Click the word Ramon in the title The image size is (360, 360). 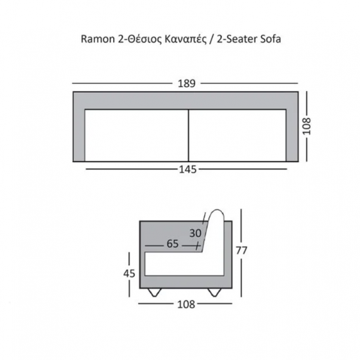click(x=98, y=39)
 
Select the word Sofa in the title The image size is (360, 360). click(x=270, y=39)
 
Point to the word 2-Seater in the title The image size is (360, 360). click(x=237, y=39)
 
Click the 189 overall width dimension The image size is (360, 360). click(x=187, y=84)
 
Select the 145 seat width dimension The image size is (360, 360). click(x=188, y=170)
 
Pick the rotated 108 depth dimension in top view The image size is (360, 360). click(x=306, y=126)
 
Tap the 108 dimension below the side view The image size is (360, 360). click(x=186, y=304)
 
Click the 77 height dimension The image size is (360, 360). click(x=242, y=251)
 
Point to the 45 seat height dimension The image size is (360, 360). click(x=129, y=274)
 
